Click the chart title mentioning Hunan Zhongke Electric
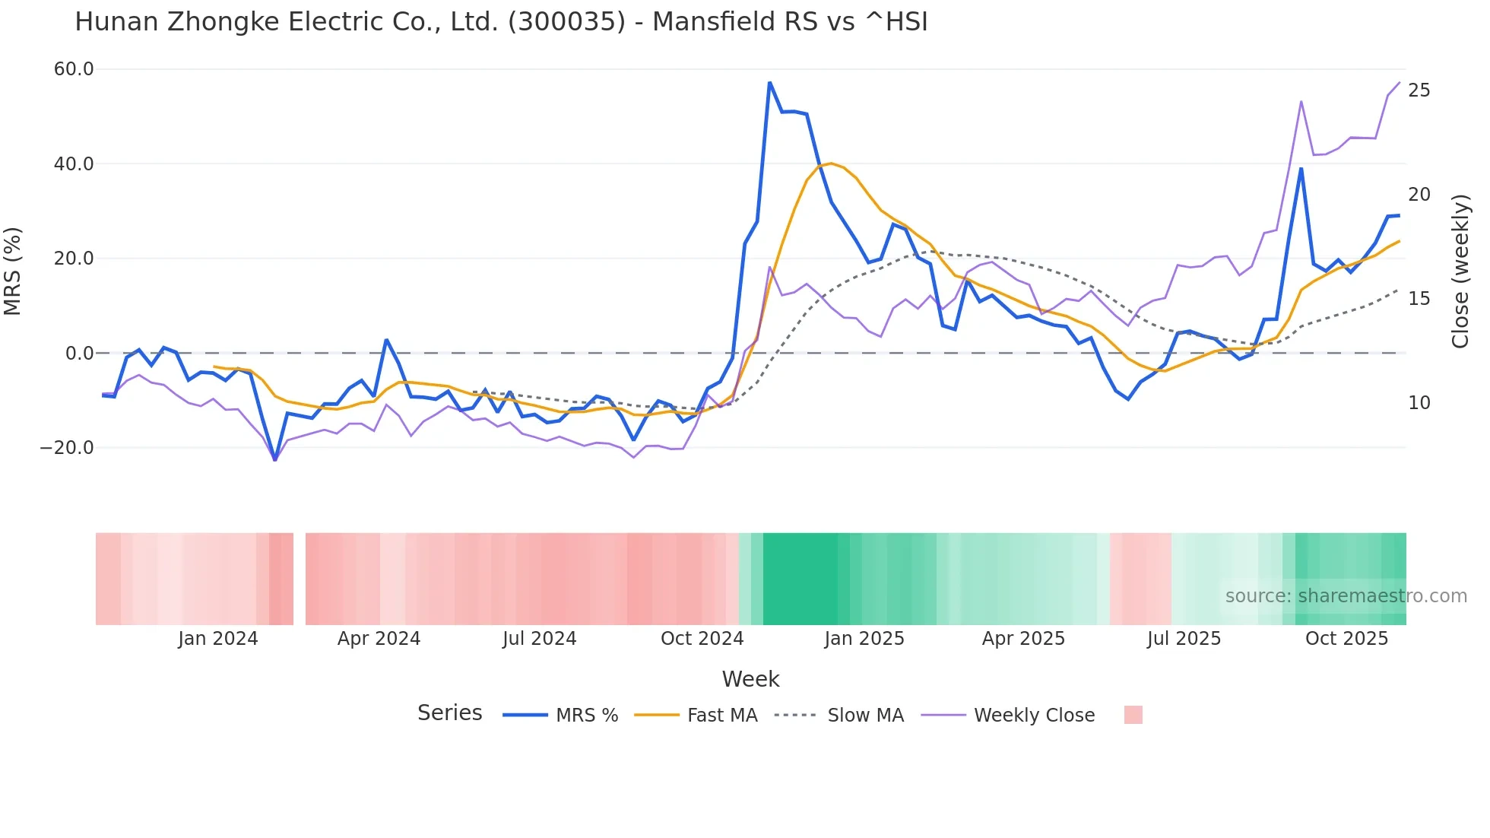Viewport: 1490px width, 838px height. coord(501,22)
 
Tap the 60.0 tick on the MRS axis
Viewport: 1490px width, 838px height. coord(74,69)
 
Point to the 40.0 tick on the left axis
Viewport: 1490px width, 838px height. coord(74,163)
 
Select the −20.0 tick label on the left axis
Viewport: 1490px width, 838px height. coord(67,448)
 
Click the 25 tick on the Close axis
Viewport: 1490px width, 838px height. coord(1419,90)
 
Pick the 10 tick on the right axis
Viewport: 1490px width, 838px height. coord(1419,403)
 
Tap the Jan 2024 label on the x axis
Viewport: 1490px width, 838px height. coord(218,639)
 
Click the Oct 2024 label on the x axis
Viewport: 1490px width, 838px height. coord(702,639)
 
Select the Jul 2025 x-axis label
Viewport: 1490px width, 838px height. coord(1184,639)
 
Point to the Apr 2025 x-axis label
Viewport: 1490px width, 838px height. coord(1023,639)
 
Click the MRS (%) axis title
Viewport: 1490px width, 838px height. coord(13,271)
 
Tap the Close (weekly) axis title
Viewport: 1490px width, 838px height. coord(1460,271)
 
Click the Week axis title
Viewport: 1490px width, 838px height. coord(750,679)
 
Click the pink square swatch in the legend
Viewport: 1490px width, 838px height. coord(1133,715)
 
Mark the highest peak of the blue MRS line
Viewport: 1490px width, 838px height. coord(769,82)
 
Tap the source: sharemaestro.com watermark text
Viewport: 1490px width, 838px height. coord(1346,596)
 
